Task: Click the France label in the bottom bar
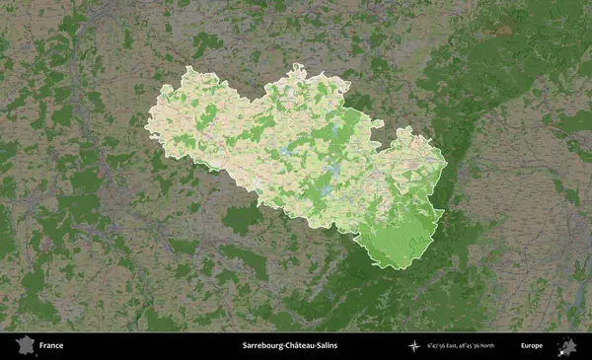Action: (x=51, y=346)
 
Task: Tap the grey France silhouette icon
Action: (x=24, y=345)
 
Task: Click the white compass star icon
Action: (x=413, y=346)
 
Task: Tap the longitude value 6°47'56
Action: (x=440, y=346)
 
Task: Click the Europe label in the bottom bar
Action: (x=533, y=346)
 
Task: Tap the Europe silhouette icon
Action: (x=567, y=345)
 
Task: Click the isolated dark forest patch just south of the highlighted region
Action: (x=242, y=219)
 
